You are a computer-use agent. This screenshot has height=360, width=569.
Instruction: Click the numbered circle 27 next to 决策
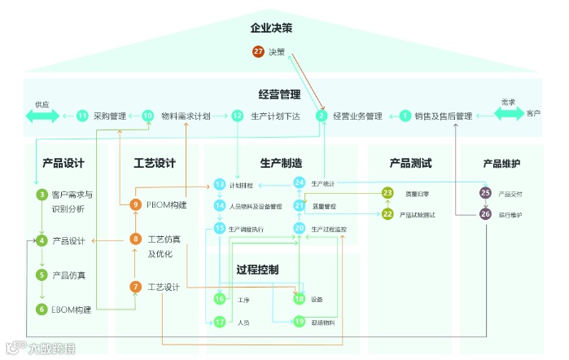[x=259, y=52]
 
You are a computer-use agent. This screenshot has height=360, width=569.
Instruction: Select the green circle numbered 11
[x=82, y=116]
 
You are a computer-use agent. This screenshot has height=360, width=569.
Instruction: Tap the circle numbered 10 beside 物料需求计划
[x=147, y=116]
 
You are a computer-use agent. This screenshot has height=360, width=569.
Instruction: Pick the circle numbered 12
[x=237, y=116]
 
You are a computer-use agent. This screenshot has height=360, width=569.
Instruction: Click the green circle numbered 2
[x=322, y=116]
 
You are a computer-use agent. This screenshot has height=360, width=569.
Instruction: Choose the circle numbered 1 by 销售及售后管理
[x=405, y=116]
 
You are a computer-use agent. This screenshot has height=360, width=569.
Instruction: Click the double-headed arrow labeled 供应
[x=42, y=116]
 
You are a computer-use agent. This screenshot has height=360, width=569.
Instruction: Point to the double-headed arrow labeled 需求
[x=509, y=113]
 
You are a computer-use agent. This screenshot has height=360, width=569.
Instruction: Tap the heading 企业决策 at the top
[x=271, y=29]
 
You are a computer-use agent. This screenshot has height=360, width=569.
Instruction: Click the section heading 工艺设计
[x=155, y=163]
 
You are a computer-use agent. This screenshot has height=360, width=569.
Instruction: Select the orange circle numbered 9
[x=136, y=204]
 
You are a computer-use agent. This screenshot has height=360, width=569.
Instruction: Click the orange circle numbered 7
[x=136, y=287]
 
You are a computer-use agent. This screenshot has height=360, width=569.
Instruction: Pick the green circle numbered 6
[x=42, y=309]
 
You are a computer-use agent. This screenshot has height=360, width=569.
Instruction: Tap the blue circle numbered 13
[x=219, y=184]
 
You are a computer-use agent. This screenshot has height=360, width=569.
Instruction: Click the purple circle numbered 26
[x=485, y=214]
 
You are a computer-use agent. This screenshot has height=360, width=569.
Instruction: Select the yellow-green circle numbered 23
[x=387, y=193]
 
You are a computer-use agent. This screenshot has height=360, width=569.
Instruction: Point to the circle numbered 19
[x=299, y=321]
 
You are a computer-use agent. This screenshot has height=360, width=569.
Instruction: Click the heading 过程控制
[x=258, y=269]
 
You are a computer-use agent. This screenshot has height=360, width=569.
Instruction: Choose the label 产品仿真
[x=69, y=275]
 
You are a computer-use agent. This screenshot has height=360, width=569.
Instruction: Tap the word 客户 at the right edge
[x=533, y=113]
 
